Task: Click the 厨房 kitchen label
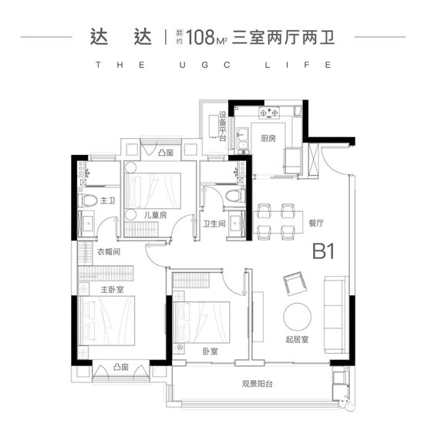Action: (x=268, y=139)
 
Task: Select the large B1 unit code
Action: (x=327, y=253)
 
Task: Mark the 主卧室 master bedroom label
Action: (x=113, y=289)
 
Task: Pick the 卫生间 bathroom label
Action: (x=214, y=224)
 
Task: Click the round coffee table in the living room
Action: (x=298, y=317)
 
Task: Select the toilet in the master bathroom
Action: (x=89, y=201)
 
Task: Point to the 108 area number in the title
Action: (x=197, y=35)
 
